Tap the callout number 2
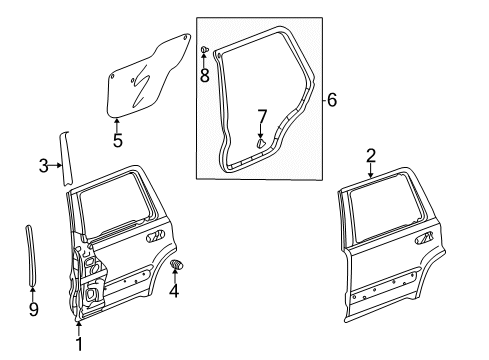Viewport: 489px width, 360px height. point(371,155)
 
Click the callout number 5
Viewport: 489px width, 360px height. point(117,141)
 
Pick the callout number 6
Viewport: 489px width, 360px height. point(332,99)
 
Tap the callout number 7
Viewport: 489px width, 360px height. point(261,117)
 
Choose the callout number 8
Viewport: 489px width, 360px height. point(204,76)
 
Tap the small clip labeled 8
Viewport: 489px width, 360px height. point(204,49)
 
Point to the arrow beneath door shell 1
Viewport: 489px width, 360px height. point(78,325)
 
